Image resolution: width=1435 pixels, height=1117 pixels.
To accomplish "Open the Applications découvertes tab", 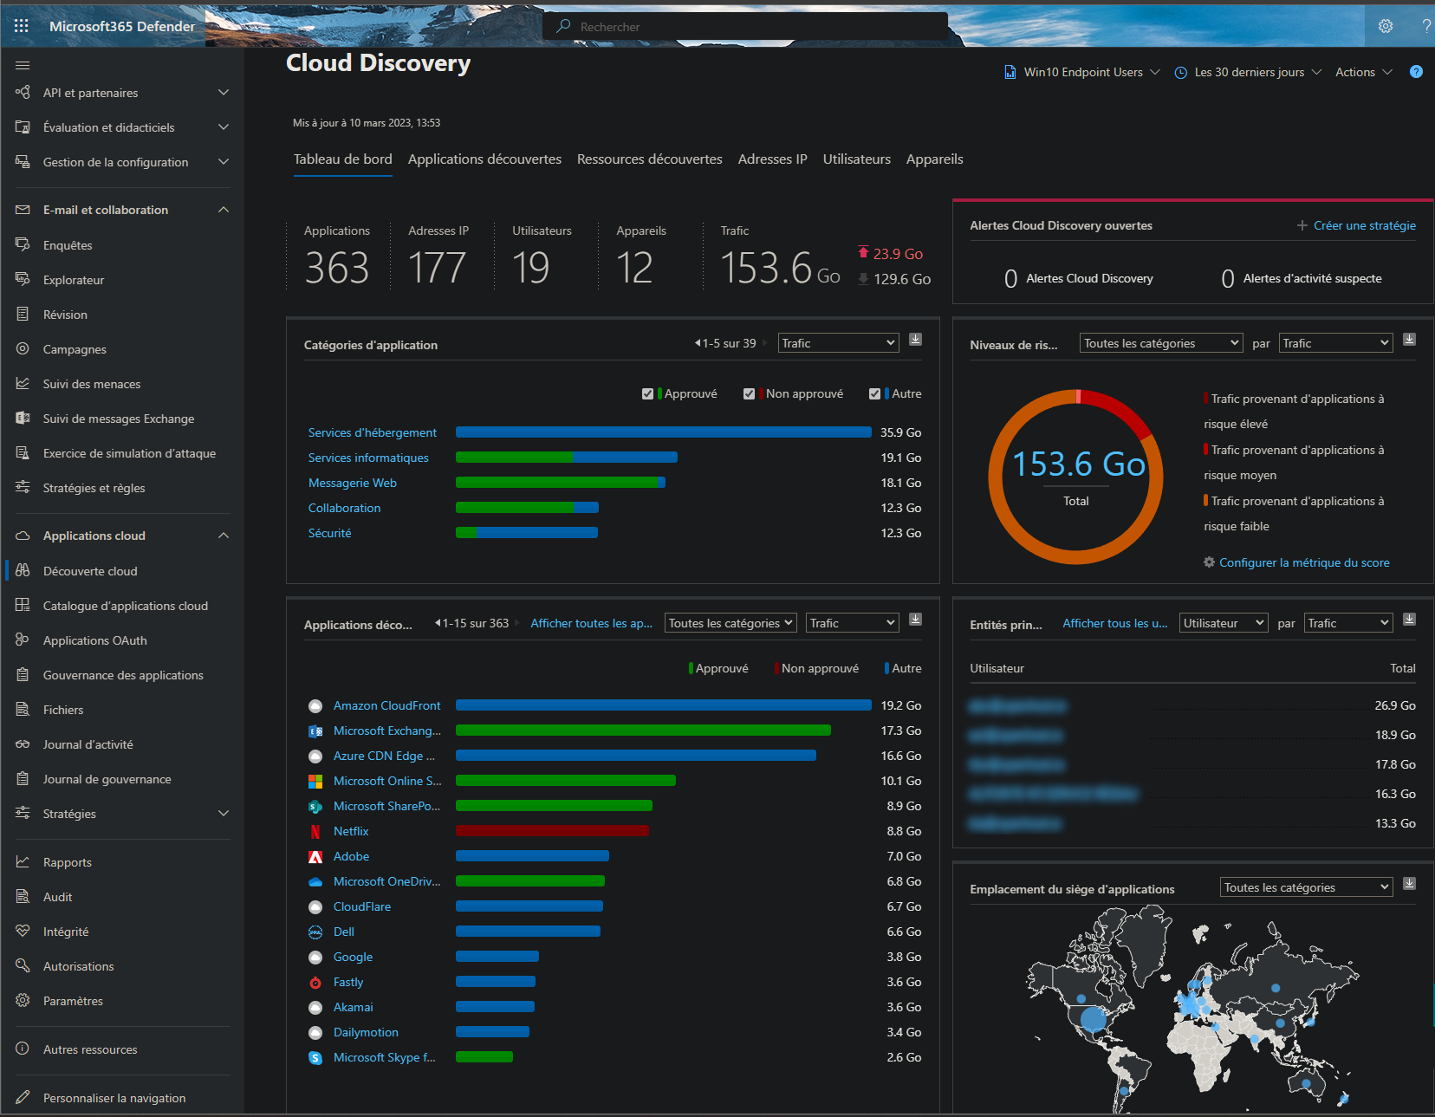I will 484,159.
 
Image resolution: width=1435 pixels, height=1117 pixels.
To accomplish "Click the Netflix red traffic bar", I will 552,831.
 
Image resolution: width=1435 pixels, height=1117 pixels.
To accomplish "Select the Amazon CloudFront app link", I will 386,705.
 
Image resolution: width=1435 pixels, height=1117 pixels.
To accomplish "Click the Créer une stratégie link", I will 1364,225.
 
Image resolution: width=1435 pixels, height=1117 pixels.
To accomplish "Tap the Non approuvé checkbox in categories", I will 749,394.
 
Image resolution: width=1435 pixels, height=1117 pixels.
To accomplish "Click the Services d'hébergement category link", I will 372,432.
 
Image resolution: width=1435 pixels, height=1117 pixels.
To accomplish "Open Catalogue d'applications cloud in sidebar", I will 125,606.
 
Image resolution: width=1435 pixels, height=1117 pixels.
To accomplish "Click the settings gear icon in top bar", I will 1385,26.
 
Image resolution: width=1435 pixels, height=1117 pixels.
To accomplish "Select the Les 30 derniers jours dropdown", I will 1249,72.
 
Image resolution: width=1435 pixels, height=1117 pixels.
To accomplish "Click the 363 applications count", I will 337,267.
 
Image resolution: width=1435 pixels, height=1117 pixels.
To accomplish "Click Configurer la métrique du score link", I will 1303,562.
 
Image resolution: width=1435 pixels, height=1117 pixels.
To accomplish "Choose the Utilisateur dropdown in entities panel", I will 1223,623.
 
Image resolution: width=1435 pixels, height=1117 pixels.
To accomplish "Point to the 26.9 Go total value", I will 1394,705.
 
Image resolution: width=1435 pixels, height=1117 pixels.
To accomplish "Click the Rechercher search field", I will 745,27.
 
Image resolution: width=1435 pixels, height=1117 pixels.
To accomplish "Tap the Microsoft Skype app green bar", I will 484,1057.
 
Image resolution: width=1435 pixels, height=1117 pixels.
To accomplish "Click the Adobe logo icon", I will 315,857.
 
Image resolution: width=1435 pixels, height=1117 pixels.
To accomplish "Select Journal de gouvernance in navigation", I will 107,779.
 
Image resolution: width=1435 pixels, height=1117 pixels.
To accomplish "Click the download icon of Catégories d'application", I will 915,340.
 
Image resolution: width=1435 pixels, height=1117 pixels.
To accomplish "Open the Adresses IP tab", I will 772,159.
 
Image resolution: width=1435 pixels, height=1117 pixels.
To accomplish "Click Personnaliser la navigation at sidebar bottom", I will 114,1098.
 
